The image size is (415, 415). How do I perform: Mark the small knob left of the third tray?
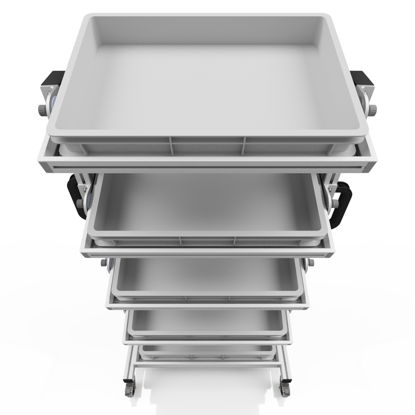pos(104,262)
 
